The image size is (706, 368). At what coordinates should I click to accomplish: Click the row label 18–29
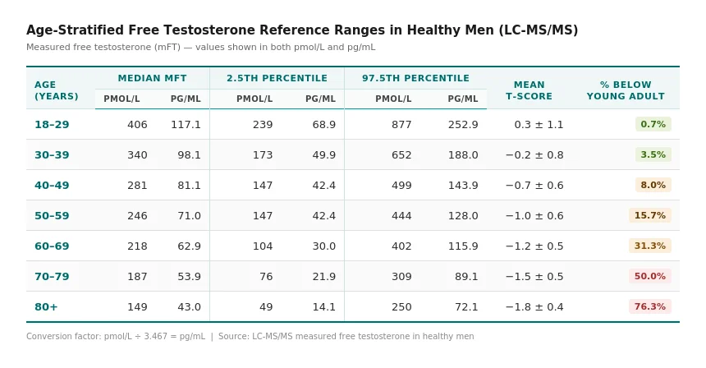[x=52, y=125]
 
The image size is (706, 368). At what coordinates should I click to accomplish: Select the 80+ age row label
[x=46, y=307]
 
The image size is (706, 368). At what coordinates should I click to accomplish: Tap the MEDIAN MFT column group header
[x=152, y=79]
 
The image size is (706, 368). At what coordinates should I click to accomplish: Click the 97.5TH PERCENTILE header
[x=416, y=79]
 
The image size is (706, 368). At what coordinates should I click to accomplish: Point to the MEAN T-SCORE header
[x=529, y=90]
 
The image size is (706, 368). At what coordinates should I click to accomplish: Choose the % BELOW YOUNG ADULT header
[x=626, y=90]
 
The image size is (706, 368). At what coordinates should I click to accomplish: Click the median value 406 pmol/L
[x=137, y=125]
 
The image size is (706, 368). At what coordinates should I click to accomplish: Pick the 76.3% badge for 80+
[x=650, y=306]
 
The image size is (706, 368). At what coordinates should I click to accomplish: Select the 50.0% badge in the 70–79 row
[x=650, y=276]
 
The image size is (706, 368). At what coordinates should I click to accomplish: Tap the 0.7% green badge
[x=653, y=124]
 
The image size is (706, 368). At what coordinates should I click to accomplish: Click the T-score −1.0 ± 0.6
[x=534, y=216]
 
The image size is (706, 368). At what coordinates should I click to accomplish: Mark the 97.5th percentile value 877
[x=401, y=125]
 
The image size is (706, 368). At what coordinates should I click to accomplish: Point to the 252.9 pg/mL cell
[x=463, y=125]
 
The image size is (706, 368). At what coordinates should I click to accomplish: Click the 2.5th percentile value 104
[x=263, y=246]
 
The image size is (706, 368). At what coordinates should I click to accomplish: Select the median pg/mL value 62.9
[x=189, y=246]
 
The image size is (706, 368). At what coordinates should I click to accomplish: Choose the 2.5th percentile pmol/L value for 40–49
[x=263, y=186]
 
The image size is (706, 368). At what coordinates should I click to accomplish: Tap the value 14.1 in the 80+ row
[x=324, y=307]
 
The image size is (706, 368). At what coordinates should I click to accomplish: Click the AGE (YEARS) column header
[x=56, y=90]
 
